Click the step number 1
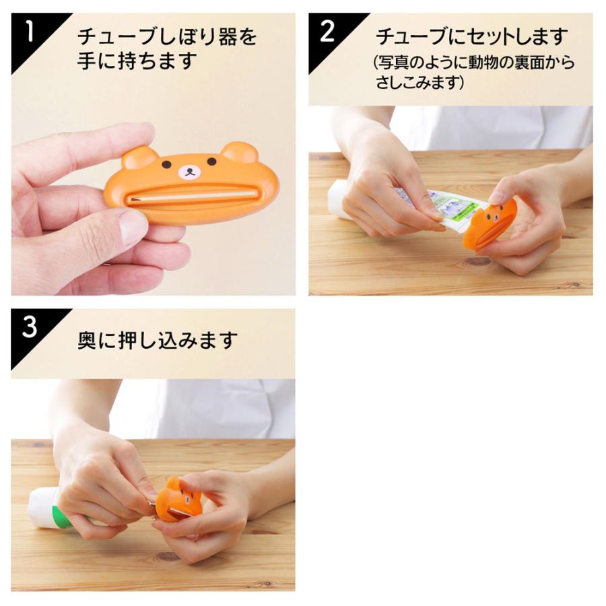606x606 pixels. click(x=30, y=31)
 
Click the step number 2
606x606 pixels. click(x=327, y=31)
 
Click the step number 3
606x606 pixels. click(x=30, y=327)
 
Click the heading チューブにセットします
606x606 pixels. click(x=471, y=36)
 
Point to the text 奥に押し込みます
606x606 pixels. click(x=158, y=340)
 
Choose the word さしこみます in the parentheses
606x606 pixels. click(x=420, y=83)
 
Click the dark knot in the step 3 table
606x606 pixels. click(x=164, y=557)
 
